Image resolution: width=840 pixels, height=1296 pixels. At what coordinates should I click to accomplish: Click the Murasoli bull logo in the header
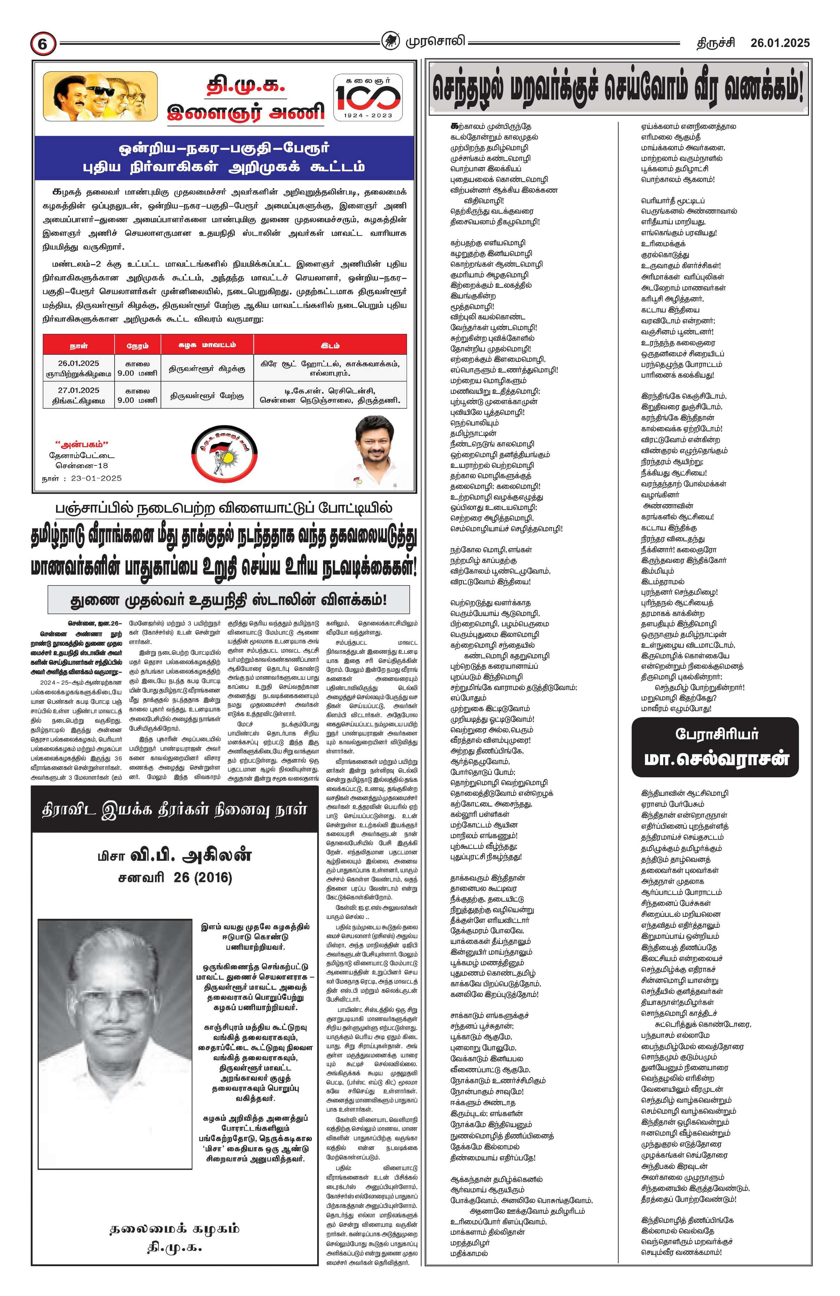(390, 42)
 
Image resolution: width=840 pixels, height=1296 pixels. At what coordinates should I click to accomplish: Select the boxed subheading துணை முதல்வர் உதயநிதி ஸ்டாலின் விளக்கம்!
(229, 599)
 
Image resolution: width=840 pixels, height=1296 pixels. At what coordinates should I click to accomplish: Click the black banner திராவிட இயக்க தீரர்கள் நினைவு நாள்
(175, 810)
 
